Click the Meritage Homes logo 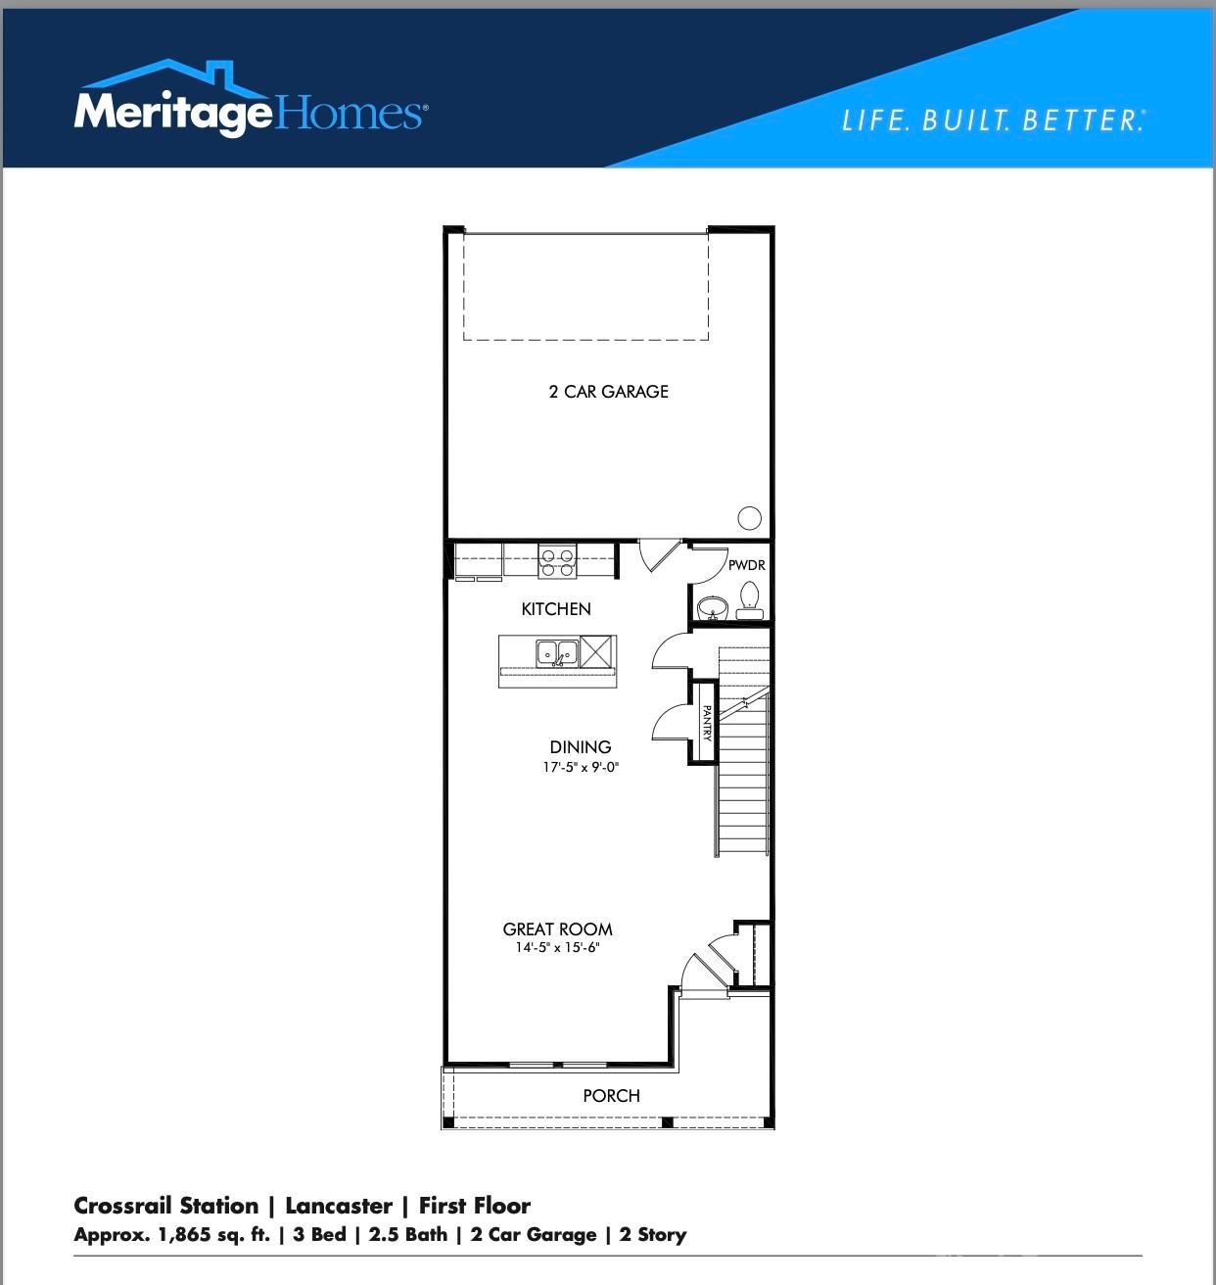click(250, 102)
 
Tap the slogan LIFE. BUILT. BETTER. click(993, 120)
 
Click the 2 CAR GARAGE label click(608, 392)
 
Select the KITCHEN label click(556, 609)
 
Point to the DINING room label click(581, 747)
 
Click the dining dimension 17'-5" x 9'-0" click(581, 768)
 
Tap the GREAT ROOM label click(557, 929)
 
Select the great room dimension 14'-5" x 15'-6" click(557, 948)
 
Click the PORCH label click(611, 1096)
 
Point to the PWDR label click(746, 565)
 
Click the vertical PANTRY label click(706, 723)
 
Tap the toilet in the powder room click(750, 597)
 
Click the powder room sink click(712, 607)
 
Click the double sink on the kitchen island click(556, 652)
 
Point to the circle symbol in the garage click(749, 518)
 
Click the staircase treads click(743, 784)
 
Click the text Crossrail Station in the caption click(166, 1206)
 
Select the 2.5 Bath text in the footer click(407, 1234)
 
